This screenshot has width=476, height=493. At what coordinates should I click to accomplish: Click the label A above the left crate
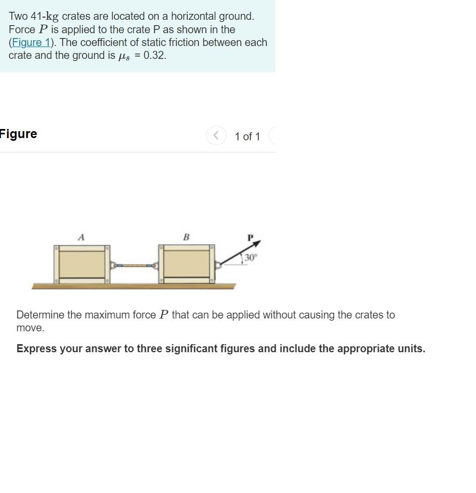coord(81,237)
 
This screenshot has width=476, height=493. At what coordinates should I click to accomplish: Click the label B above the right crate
coord(186,237)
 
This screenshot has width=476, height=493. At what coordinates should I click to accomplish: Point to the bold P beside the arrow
coord(249,237)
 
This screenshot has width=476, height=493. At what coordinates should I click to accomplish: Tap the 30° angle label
coord(251,257)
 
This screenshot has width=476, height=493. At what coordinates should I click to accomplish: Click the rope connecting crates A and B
coord(135,265)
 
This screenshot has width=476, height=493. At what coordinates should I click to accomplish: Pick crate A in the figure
coord(82,264)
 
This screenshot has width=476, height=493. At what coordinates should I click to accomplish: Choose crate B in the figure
coord(187,264)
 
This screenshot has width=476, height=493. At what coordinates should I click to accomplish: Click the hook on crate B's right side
coord(218,264)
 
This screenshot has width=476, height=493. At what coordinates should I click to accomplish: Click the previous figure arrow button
coord(216,136)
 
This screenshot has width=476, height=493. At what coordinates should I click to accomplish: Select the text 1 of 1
coord(247,136)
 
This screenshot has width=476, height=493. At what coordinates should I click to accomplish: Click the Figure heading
coord(19,134)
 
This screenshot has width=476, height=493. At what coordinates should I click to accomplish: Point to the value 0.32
coord(155,55)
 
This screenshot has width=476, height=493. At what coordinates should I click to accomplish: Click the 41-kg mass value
coord(44,17)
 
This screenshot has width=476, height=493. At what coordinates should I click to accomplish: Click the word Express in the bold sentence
coord(36,348)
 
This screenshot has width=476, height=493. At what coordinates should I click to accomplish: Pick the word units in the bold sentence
coord(410,348)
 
